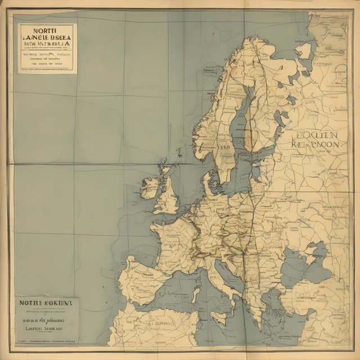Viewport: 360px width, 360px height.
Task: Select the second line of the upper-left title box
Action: coord(47,41)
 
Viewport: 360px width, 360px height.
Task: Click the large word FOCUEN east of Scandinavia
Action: coord(317,135)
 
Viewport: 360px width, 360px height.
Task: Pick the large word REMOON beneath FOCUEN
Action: coord(316,145)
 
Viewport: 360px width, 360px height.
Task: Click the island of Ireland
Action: coord(150,188)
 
